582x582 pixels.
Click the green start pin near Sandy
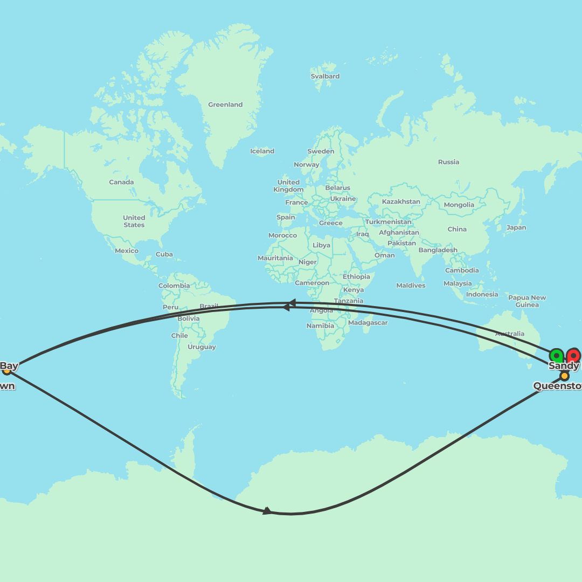pyautogui.click(x=556, y=356)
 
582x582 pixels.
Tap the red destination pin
pyautogui.click(x=573, y=355)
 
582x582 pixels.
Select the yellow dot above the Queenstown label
pyautogui.click(x=564, y=376)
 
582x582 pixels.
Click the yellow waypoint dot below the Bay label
pyautogui.click(x=6, y=370)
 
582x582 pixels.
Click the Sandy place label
pyautogui.click(x=564, y=366)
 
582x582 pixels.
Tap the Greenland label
pyautogui.click(x=225, y=105)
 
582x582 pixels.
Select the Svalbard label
pyautogui.click(x=325, y=76)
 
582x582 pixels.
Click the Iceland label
pyautogui.click(x=262, y=151)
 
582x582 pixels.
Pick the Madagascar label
pyautogui.click(x=368, y=322)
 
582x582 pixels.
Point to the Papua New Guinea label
pyautogui.click(x=526, y=301)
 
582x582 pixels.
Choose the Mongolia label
pyautogui.click(x=459, y=205)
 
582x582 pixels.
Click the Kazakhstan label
pyautogui.click(x=400, y=202)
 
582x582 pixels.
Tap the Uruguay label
pyautogui.click(x=202, y=347)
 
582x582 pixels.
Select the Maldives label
pyautogui.click(x=410, y=285)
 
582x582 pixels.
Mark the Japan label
pyautogui.click(x=516, y=227)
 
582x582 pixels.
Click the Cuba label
pyautogui.click(x=164, y=254)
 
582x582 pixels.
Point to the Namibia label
pyautogui.click(x=320, y=325)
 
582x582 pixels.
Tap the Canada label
pyautogui.click(x=121, y=182)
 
